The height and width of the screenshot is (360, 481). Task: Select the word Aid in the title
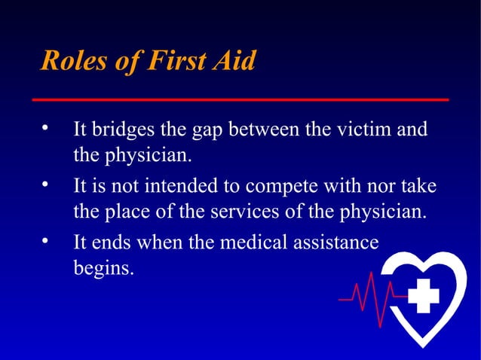(234, 62)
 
